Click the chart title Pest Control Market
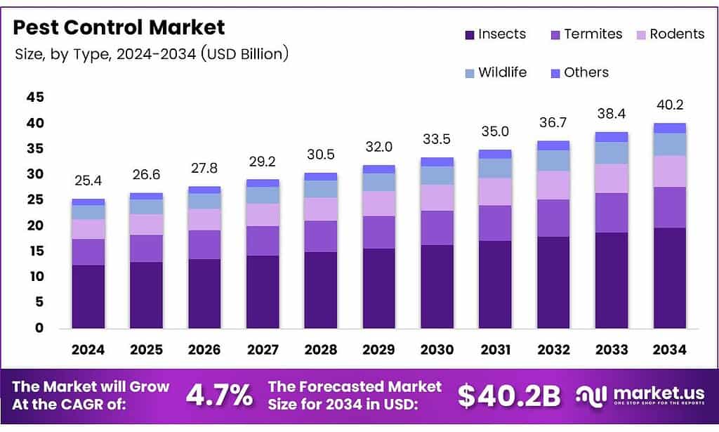click(x=119, y=27)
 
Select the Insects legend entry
click(x=495, y=34)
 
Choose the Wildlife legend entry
click(x=495, y=72)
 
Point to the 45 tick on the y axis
click(x=34, y=97)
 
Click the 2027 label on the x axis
click(x=262, y=349)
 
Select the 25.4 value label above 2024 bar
click(x=88, y=181)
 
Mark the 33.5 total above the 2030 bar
click(x=436, y=139)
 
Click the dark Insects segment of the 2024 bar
click(x=88, y=296)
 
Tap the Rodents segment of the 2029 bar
click(x=378, y=204)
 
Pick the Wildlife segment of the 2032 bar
click(x=553, y=160)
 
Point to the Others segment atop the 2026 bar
click(x=204, y=190)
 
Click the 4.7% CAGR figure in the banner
click(x=219, y=395)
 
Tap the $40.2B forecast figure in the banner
click(x=509, y=395)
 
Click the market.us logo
click(x=639, y=396)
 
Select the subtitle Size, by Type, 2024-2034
click(x=152, y=54)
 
